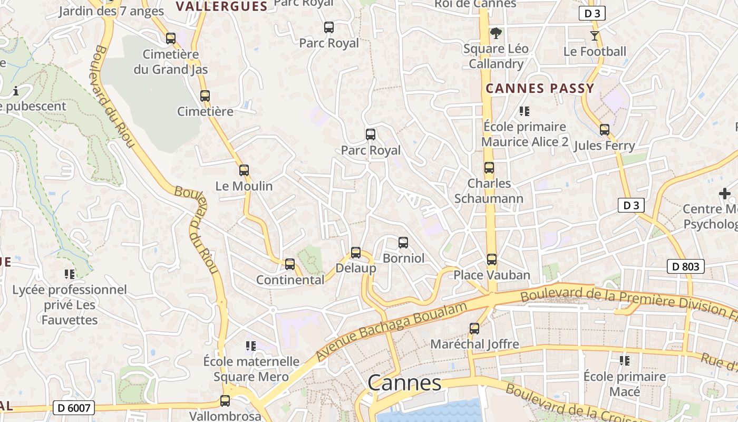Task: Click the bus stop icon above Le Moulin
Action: point(244,170)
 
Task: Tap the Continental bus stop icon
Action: point(289,264)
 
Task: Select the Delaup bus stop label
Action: point(356,268)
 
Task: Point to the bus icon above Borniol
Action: point(403,243)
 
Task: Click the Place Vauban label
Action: point(491,275)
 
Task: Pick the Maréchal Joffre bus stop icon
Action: point(474,329)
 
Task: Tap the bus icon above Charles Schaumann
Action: point(489,168)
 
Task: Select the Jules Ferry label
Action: point(604,146)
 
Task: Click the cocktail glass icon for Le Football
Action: point(595,36)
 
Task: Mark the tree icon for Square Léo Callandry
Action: point(496,33)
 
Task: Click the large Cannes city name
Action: point(404,383)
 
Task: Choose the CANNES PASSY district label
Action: point(540,88)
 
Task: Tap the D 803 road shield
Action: point(686,266)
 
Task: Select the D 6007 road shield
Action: point(74,407)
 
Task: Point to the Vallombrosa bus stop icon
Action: point(225,401)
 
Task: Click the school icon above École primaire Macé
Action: point(625,361)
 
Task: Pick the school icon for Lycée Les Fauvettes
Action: point(70,274)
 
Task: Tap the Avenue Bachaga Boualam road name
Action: point(392,332)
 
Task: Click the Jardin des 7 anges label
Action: point(111,11)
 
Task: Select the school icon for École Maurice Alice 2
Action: point(524,111)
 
